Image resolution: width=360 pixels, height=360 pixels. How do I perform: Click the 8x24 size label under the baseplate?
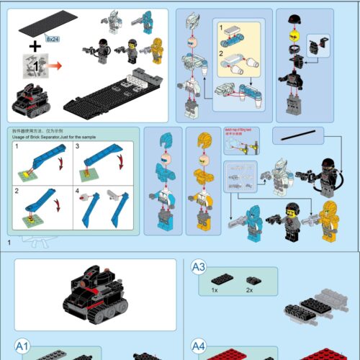coord(51,37)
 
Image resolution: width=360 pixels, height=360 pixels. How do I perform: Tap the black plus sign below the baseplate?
coord(34,47)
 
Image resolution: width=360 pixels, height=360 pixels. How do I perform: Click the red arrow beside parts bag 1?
coord(53,66)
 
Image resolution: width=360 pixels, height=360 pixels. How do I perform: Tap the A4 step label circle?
coord(199,347)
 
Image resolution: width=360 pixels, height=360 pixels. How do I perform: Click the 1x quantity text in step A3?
coord(215,289)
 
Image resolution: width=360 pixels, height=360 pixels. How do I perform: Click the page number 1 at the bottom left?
coord(9,243)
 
